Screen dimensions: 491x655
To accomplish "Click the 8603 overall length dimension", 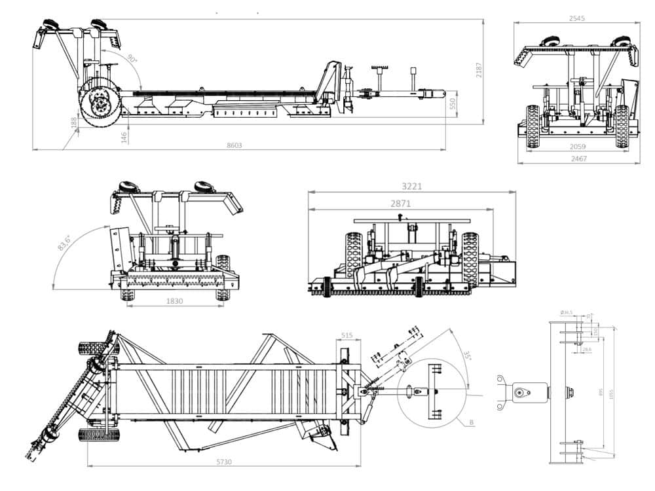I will tap(234, 145).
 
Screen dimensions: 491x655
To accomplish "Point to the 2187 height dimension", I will tap(479, 71).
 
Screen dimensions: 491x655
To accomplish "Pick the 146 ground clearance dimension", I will tap(124, 136).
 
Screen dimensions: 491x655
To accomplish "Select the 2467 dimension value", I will tap(578, 158).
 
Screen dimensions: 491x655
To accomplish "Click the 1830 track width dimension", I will tap(175, 301).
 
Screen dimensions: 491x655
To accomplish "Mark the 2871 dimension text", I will tap(400, 204).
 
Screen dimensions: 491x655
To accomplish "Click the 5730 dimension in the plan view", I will tap(224, 462).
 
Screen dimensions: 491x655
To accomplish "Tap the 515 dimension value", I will tap(347, 335).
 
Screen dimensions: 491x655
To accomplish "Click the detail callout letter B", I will tap(471, 422).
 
